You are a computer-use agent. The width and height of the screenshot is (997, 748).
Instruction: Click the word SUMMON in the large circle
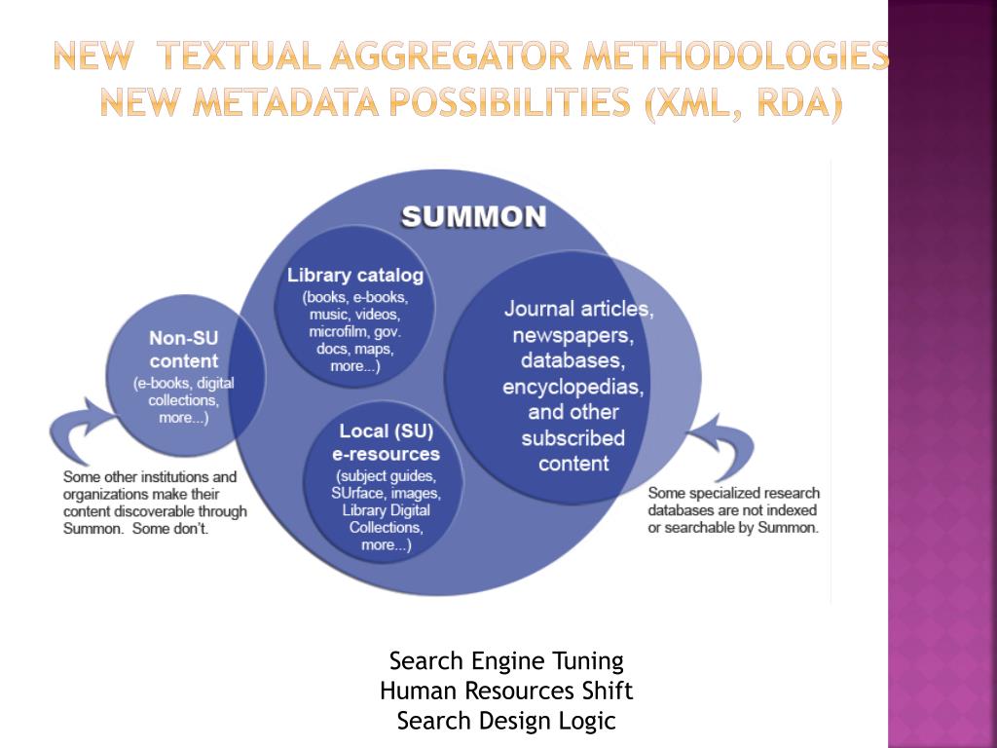474,216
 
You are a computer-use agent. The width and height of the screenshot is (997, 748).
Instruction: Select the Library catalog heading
355,276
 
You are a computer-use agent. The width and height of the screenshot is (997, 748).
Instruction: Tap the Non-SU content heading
184,350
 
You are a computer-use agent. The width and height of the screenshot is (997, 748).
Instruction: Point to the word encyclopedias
573,387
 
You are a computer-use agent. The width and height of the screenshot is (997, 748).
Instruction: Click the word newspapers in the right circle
573,336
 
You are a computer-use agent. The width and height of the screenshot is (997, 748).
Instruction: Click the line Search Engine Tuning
506,661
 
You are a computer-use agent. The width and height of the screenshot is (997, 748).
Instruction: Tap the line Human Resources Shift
506,692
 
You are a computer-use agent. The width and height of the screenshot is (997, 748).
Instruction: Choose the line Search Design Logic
506,721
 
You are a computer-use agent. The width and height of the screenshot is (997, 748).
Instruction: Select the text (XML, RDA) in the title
743,101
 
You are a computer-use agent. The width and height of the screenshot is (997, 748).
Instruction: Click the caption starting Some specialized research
733,510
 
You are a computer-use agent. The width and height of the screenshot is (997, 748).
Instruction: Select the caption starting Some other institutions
155,503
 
